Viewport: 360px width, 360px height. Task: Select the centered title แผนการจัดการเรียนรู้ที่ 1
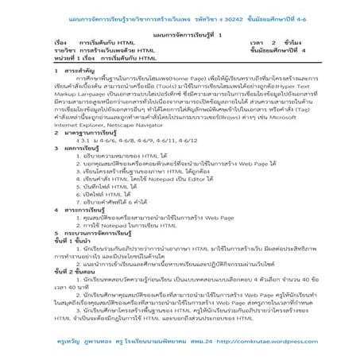(180, 34)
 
